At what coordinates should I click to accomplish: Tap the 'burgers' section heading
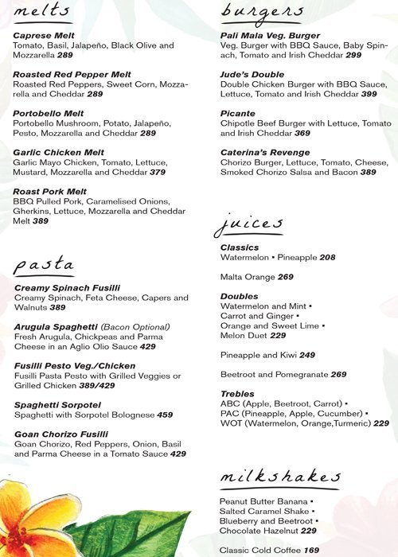pos(262,12)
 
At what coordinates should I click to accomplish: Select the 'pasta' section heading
pos(44,265)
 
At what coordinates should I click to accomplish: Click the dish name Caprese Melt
pos(45,36)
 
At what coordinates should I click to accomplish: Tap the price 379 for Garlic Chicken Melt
pos(158,172)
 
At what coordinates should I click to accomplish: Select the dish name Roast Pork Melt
pos(49,192)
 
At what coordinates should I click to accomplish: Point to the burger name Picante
pos(239,114)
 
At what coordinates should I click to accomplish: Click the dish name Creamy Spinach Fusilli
pos(68,288)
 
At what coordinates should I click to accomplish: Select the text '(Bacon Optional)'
pos(135,327)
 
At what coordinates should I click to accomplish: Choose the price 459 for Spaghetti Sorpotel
pos(165,415)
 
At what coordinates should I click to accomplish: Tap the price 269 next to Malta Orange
pos(285,277)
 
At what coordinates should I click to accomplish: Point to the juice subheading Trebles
pos(237,394)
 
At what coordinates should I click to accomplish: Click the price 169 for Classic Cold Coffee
pos(311,550)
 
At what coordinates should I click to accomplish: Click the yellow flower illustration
pos(32,521)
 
